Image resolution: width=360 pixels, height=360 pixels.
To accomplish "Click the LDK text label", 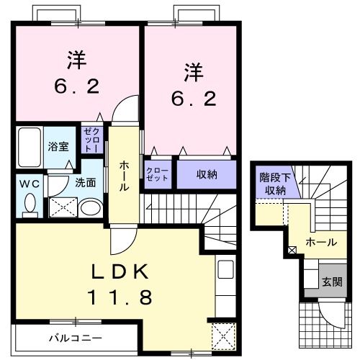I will [x=120, y=271].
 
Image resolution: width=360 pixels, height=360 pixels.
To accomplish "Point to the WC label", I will [x=30, y=183].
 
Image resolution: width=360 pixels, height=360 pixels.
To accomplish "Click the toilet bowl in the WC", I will [x=30, y=205].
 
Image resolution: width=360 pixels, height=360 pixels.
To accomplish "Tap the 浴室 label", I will [x=58, y=145].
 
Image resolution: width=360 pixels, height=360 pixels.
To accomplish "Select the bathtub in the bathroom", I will [x=28, y=146].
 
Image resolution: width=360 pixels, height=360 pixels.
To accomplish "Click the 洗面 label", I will [x=85, y=183].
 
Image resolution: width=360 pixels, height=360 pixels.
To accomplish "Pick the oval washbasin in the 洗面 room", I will [x=91, y=208].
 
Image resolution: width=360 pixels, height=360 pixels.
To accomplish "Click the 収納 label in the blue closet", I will [x=207, y=174].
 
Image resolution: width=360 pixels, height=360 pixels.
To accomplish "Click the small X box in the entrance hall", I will [x=292, y=251].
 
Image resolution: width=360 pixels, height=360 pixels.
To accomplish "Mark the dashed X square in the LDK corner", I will [x=222, y=336].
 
